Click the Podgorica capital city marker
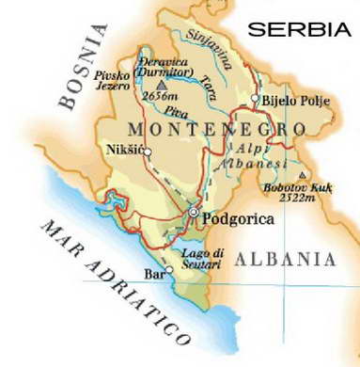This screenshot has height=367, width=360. coord(194,214)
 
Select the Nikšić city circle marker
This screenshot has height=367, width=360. coord(147,159)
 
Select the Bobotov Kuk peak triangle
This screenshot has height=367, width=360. coord(301,175)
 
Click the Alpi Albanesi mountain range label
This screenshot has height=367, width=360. coord(243,164)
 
